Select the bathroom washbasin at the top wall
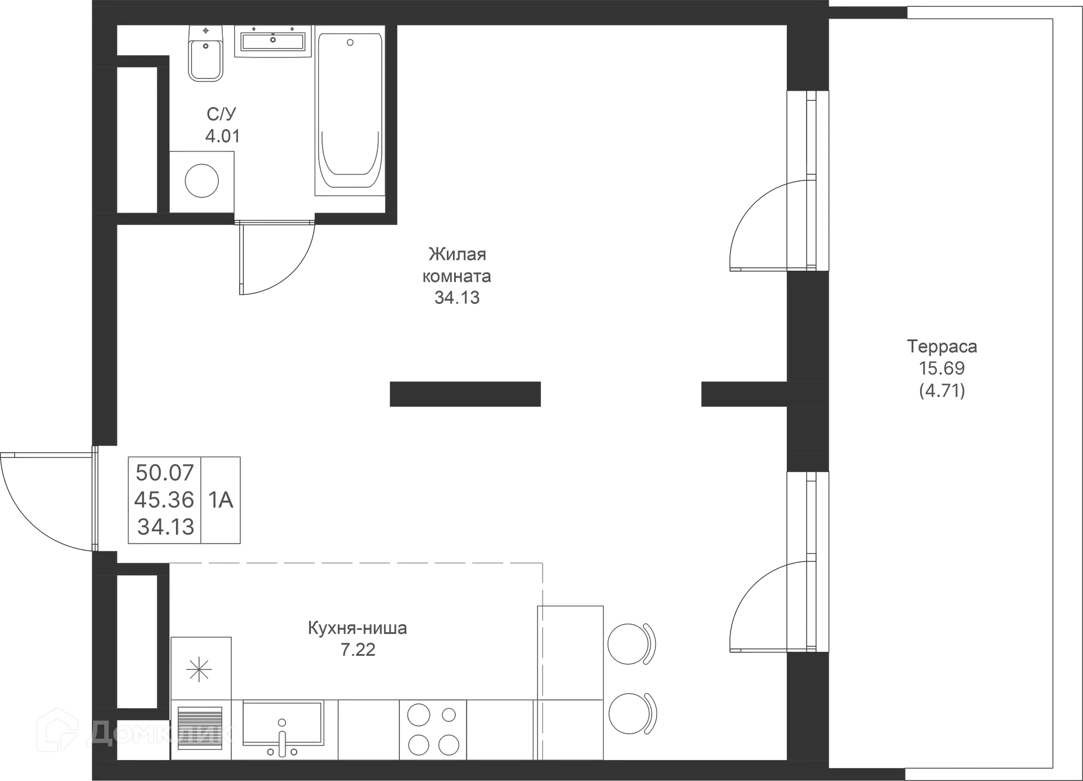pyautogui.click(x=272, y=41)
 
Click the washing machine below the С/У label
pyautogui.click(x=201, y=182)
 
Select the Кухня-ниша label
pyautogui.click(x=358, y=628)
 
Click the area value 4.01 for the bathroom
pyautogui.click(x=221, y=136)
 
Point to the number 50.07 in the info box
pyautogui.click(x=164, y=471)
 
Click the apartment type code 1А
pyautogui.click(x=221, y=500)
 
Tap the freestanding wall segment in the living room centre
pyautogui.click(x=465, y=394)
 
